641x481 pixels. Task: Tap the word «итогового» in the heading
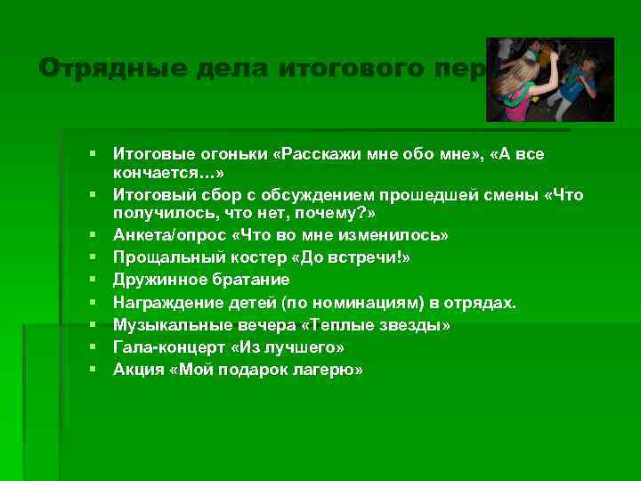tap(340, 68)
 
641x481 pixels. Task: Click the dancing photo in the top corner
tap(549, 79)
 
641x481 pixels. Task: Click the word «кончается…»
tap(168, 173)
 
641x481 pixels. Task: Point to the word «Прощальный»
tap(164, 257)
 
